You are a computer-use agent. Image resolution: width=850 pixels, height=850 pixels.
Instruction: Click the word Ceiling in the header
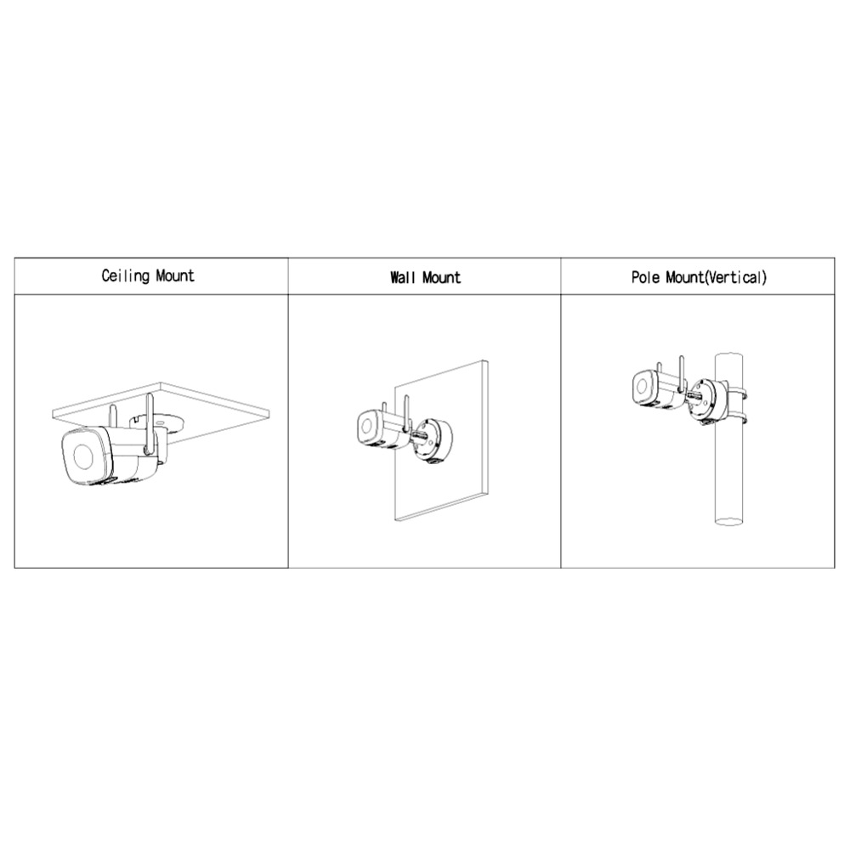pyautogui.click(x=125, y=276)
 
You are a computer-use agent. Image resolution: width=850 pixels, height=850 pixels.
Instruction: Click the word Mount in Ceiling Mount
pyautogui.click(x=175, y=275)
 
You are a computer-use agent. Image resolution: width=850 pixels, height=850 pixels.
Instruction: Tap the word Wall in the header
pyautogui.click(x=402, y=278)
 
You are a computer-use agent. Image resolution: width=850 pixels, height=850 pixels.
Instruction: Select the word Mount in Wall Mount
pyautogui.click(x=441, y=278)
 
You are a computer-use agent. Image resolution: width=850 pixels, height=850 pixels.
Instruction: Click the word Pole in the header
pyautogui.click(x=646, y=278)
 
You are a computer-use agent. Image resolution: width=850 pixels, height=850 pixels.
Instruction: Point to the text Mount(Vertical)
pyautogui.click(x=716, y=278)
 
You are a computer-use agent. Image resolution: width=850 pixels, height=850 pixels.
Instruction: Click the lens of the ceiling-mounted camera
pyautogui.click(x=83, y=457)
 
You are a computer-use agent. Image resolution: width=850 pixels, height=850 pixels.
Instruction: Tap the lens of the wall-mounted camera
pyautogui.click(x=367, y=428)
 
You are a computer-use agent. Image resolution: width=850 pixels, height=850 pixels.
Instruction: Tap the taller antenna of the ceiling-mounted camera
pyautogui.click(x=149, y=422)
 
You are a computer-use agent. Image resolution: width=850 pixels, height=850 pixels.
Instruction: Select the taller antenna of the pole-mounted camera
pyautogui.click(x=682, y=373)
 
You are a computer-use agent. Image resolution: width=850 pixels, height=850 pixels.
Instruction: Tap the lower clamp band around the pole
pyautogui.click(x=735, y=418)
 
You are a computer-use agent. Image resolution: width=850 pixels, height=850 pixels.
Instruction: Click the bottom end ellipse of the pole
pyautogui.click(x=729, y=522)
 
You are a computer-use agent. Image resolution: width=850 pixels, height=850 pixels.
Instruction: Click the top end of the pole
pyautogui.click(x=729, y=356)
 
